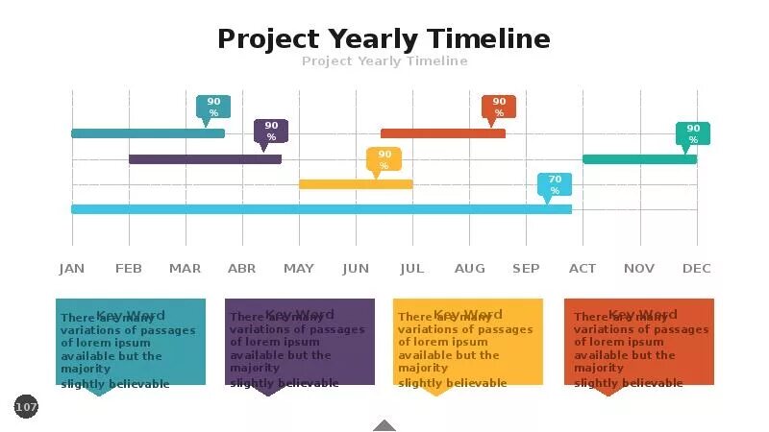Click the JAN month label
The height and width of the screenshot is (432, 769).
[x=72, y=269]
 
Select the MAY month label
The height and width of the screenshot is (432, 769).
[x=299, y=269]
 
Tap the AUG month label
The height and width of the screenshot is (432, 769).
[x=470, y=269]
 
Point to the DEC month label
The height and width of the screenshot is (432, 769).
[x=697, y=269]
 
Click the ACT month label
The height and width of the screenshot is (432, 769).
[x=583, y=269]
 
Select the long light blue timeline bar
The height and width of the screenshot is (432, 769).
[x=321, y=209]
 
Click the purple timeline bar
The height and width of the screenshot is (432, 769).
[x=205, y=159]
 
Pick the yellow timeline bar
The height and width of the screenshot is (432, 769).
[x=356, y=184]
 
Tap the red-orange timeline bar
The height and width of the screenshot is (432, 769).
[x=442, y=133]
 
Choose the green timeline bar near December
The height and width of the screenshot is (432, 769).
[x=639, y=159]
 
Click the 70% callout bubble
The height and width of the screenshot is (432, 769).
[x=555, y=184]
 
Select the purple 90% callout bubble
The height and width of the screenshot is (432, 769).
[x=271, y=131]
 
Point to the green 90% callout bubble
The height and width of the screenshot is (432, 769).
[x=692, y=133]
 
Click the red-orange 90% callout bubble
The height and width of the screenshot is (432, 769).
[x=499, y=107]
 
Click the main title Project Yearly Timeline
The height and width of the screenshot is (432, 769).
[x=384, y=39]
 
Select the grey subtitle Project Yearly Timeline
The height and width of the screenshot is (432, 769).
[x=384, y=61]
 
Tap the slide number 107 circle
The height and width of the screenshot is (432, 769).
[x=26, y=407]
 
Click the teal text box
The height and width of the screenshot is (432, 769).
[x=130, y=343]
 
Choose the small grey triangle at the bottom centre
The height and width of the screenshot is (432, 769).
[x=384, y=425]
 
